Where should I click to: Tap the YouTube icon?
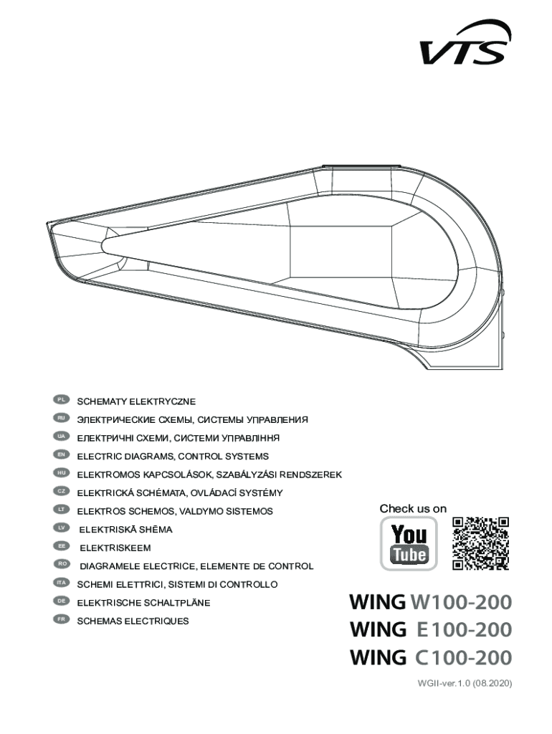tap(409, 543)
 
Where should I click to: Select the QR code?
tap(481, 543)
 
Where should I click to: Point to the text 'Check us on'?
tap(413, 509)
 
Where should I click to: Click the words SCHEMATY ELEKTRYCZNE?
tap(136, 401)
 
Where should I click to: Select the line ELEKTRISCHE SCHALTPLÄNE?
tap(143, 603)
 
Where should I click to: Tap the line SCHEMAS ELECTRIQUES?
tap(133, 621)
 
